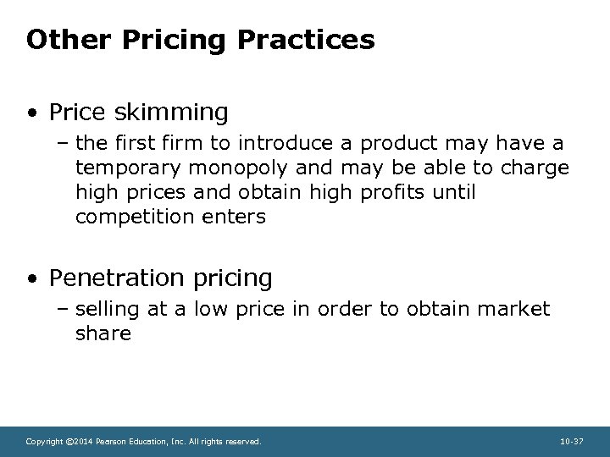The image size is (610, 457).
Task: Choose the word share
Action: (103, 333)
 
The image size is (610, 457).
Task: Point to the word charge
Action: (535, 168)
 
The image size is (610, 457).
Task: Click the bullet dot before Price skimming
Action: (31, 112)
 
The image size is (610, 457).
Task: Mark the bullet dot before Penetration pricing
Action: (31, 278)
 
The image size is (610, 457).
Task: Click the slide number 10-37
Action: (572, 442)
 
